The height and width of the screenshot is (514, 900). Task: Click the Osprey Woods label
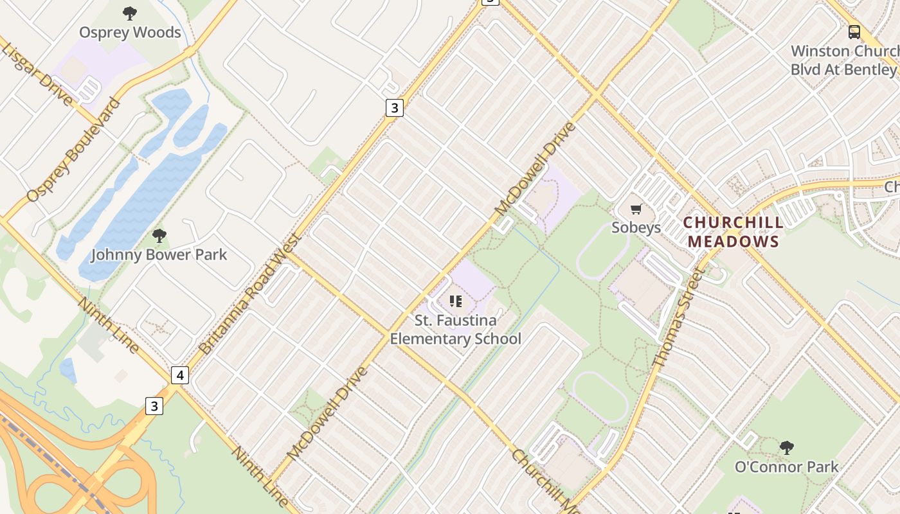pos(130,32)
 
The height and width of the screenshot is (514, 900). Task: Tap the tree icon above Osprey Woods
pos(130,13)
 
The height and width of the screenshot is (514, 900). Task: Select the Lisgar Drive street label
pos(39,67)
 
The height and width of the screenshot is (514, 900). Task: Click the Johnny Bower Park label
pos(159,254)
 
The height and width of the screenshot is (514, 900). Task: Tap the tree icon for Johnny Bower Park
pos(159,236)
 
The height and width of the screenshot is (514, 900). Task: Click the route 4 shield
pos(180,375)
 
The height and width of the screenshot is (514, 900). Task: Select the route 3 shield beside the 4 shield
pos(154,406)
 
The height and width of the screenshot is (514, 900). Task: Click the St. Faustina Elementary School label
pos(455,329)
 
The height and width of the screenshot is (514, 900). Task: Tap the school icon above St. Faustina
pos(456,301)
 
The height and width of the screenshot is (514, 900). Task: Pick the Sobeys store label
pos(636,227)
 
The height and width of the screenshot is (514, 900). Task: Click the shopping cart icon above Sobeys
pos(636,209)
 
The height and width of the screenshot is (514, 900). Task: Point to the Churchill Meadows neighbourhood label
pos(733,232)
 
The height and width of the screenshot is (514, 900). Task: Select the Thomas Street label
pos(679,317)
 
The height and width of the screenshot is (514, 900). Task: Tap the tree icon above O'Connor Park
pos(786,448)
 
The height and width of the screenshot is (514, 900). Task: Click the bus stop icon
pos(854,31)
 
